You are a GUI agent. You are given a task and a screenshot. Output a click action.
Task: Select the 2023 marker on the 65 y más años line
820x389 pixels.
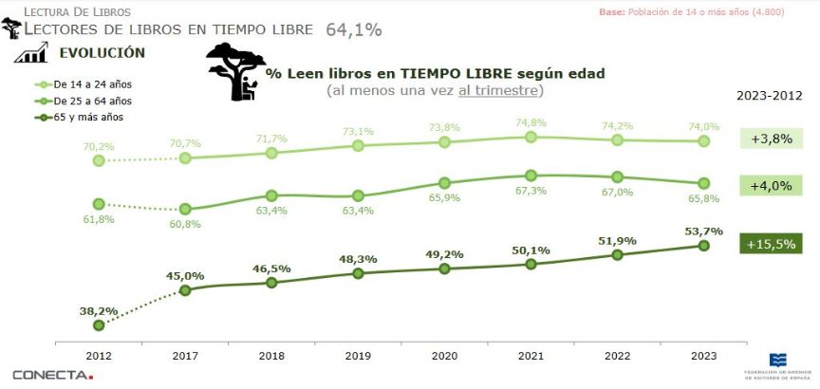pyautogui.click(x=703, y=246)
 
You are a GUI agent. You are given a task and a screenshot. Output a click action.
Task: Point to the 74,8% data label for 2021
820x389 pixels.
pyautogui.click(x=531, y=122)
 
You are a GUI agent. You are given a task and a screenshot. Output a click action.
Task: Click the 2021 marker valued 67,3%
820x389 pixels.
pyautogui.click(x=531, y=176)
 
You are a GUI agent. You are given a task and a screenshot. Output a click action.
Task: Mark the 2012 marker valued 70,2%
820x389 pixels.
pyautogui.click(x=99, y=160)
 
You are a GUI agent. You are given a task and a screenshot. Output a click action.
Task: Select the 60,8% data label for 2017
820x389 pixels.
pyautogui.click(x=185, y=224)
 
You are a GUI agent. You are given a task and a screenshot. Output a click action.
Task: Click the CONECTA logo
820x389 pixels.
pyautogui.click(x=53, y=374)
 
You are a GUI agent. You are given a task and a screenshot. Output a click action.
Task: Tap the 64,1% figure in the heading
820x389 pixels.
pyautogui.click(x=353, y=29)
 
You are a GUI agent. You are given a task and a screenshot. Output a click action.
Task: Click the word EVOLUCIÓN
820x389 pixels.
pyautogui.click(x=102, y=53)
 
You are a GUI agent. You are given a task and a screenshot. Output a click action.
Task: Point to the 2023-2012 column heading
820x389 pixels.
pyautogui.click(x=769, y=96)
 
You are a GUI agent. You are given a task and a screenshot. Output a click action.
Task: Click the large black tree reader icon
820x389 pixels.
pyautogui.click(x=233, y=73)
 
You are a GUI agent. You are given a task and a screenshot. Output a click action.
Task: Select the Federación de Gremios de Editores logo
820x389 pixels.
pyautogui.click(x=777, y=365)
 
